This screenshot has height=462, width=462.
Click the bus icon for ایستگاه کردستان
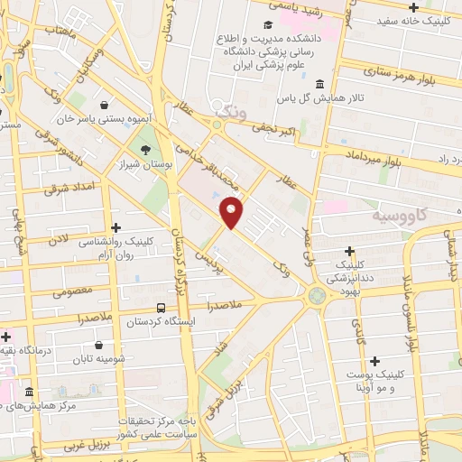(x=160, y=308)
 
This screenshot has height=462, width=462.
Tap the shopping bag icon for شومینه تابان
(x=98, y=344)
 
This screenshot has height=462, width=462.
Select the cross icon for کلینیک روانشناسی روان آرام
(x=114, y=228)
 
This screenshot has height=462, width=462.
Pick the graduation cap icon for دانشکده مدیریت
(x=267, y=24)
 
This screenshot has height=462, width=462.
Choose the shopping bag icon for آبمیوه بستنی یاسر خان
(x=106, y=105)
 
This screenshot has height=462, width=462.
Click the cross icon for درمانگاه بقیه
(x=6, y=337)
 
